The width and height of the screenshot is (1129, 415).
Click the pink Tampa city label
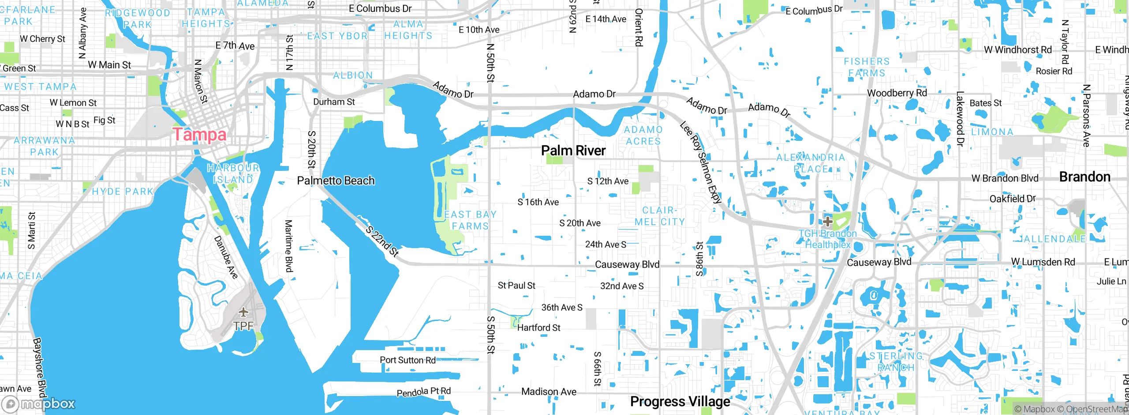[199, 134]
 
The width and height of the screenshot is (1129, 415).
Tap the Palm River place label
[573, 151]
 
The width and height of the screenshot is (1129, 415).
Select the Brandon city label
[1084, 177]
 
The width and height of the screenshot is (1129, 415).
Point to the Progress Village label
[680, 401]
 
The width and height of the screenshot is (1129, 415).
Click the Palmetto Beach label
[336, 181]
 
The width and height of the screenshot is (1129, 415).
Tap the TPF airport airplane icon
[243, 313]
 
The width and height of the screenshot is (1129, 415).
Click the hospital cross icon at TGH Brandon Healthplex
[828, 221]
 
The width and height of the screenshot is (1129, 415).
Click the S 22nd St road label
[382, 241]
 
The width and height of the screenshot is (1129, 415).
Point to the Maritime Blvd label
[288, 246]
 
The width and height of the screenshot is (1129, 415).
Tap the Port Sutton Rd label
[407, 360]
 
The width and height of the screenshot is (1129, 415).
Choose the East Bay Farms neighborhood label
[470, 220]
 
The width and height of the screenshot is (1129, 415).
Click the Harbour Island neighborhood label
[233, 174]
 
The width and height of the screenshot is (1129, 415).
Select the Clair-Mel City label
[659, 216]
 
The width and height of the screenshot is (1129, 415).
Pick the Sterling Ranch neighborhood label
[895, 362]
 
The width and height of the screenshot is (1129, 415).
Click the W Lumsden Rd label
[1043, 262]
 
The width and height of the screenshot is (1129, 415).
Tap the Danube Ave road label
[226, 257]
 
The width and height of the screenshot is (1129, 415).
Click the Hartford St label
[538, 328]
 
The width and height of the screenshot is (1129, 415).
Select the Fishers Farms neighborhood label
[867, 67]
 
